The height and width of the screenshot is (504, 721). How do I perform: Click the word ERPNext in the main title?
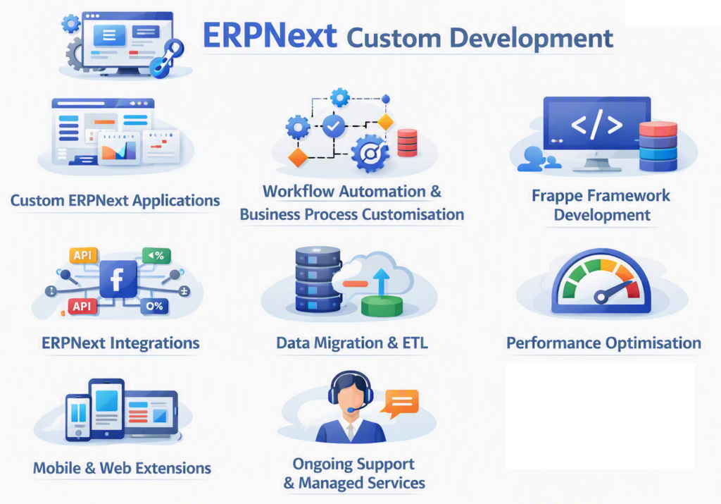click(x=270, y=36)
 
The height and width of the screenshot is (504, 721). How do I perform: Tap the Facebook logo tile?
click(x=118, y=279)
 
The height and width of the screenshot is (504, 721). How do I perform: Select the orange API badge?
click(x=83, y=255)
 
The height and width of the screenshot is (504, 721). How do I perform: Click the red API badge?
click(x=82, y=306)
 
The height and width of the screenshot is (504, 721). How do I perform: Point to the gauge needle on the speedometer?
click(x=615, y=290)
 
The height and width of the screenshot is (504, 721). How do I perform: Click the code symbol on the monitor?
click(x=596, y=124)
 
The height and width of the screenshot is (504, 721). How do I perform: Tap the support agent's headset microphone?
click(x=352, y=409)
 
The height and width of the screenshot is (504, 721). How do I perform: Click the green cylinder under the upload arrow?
click(x=382, y=306)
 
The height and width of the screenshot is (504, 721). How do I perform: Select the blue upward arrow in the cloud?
click(x=381, y=282)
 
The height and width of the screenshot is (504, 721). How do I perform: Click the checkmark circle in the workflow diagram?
click(x=334, y=125)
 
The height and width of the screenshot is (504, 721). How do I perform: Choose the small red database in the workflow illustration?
click(x=408, y=142)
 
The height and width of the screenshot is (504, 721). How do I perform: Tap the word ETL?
click(x=415, y=343)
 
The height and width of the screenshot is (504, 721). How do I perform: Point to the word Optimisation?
click(x=653, y=343)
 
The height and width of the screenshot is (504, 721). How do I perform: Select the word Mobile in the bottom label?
click(x=58, y=468)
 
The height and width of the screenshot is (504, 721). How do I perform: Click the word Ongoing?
click(x=320, y=465)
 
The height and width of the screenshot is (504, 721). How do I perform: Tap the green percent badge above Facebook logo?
click(x=156, y=255)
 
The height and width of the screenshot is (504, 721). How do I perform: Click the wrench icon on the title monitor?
click(x=167, y=59)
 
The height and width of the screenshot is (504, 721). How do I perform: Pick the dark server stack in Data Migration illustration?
click(x=318, y=279)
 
